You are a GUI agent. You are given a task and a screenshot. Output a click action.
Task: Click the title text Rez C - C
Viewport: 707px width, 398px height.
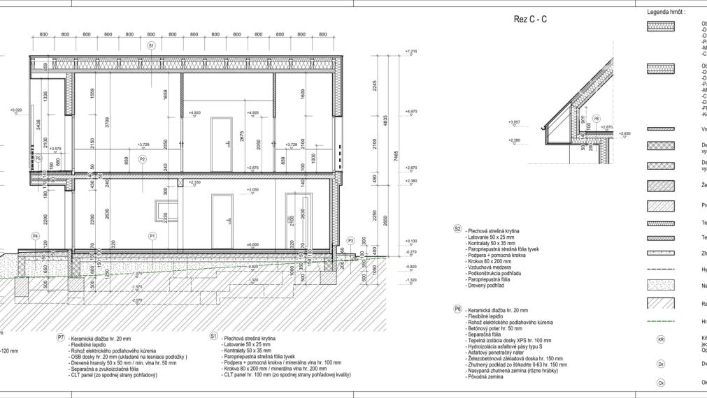tap(530, 20)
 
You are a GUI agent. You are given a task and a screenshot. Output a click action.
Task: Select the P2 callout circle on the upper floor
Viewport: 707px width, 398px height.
tap(142, 159)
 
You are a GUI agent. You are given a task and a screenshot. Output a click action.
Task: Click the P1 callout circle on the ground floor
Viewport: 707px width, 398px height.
tap(152, 236)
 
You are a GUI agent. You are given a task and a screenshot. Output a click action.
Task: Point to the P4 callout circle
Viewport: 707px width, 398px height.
tap(35, 236)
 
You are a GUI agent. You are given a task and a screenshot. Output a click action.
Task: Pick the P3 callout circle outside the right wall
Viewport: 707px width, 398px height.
tap(350, 240)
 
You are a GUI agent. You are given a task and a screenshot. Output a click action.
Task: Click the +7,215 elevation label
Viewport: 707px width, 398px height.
tap(410, 52)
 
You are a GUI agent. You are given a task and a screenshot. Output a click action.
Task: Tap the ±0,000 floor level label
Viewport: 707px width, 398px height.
tap(252, 244)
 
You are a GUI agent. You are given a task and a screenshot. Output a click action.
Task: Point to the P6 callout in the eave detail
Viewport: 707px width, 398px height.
tap(596, 119)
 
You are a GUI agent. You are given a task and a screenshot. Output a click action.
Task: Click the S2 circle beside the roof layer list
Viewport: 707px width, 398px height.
tap(458, 228)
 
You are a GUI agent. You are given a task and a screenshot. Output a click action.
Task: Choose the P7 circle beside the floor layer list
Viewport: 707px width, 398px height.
tap(61, 337)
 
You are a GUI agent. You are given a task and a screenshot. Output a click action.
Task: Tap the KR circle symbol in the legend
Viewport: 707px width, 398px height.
tap(661, 339)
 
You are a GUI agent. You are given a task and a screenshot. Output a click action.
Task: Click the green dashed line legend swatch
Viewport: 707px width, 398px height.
tap(661, 322)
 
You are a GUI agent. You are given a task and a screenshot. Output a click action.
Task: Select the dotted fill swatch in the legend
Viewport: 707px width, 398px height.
tap(661, 286)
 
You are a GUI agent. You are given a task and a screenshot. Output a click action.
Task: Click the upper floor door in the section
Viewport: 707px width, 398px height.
tap(221, 135)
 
